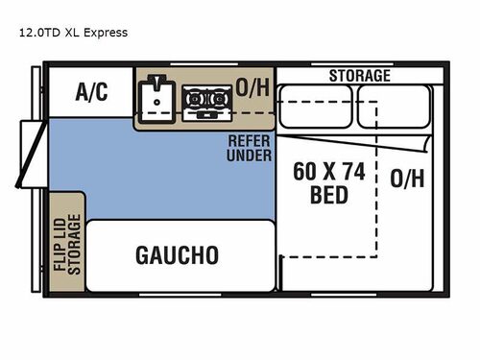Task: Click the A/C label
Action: pos(92,92)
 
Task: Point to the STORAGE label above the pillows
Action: pos(360,75)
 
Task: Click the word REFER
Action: pos(250,141)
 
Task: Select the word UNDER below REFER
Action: pos(250,156)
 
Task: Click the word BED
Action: pos(329,195)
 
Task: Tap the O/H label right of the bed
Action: pos(408,178)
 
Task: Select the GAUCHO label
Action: pos(177,254)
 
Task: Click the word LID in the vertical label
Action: pos(60,241)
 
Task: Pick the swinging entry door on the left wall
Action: pos(29,154)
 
